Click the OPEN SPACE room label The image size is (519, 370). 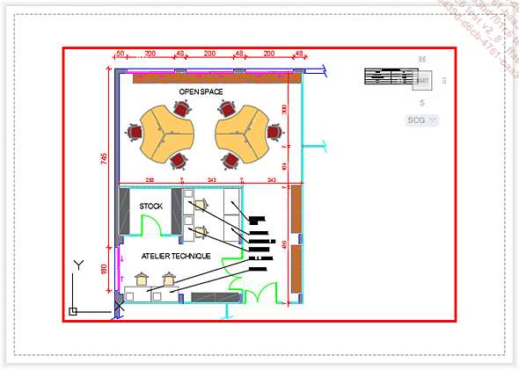(x=201, y=91)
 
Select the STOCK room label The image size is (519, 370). (x=151, y=207)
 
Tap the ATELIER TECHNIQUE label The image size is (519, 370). (x=176, y=256)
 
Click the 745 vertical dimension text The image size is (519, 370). (x=104, y=158)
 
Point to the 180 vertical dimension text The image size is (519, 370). (x=104, y=269)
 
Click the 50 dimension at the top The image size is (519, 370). (x=121, y=54)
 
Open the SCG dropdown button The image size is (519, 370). (x=422, y=120)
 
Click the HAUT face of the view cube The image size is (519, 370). (x=422, y=80)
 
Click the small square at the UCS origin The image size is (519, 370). (x=73, y=310)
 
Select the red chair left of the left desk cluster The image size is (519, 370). (x=135, y=133)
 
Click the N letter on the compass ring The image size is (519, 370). (x=422, y=59)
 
